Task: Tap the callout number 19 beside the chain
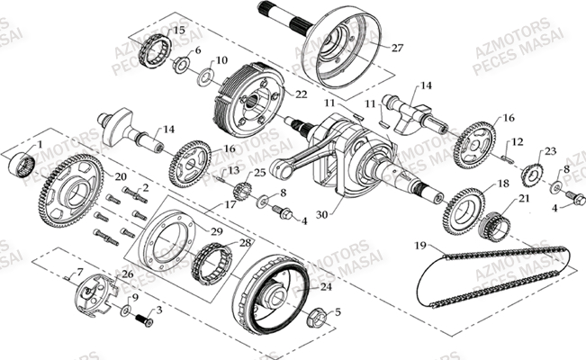point(419,245)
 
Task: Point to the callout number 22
point(302,94)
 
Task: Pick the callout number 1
point(39,144)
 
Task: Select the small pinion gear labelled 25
point(240,190)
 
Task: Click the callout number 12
point(518,142)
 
